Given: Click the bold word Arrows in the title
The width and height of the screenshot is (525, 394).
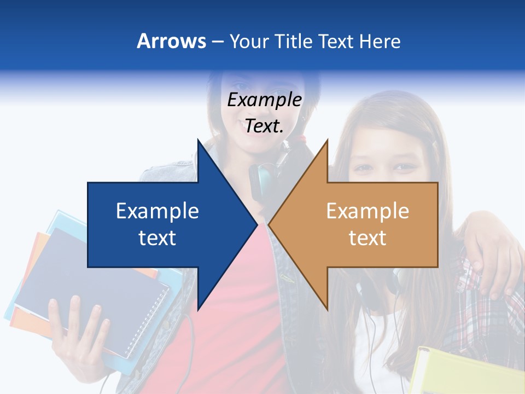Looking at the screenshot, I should coord(171,41).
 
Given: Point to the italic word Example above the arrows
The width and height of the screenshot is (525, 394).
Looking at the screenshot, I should coord(264,100).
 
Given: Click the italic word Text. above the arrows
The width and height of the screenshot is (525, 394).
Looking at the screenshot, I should coord(264,126).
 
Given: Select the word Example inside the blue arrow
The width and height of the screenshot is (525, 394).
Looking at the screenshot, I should coord(157,211).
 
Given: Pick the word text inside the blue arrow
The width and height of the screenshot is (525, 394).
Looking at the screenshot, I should coord(157,238).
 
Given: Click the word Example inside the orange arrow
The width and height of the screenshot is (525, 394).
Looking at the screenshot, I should coord(367,211).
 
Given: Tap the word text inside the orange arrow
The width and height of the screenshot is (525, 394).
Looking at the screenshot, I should coord(367,238).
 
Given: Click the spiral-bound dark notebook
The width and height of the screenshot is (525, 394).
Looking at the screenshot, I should coord(93,285).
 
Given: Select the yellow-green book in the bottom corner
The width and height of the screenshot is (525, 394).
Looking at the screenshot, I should coord(465,372).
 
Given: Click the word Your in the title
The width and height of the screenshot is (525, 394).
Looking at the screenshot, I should coord(249,41).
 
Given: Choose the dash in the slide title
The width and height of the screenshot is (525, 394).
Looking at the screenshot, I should coord(217,41).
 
